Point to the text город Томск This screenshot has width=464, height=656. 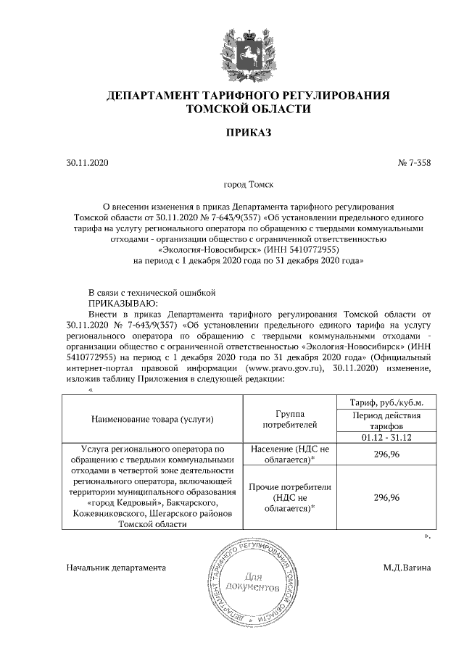(249, 186)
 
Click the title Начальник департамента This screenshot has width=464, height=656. (116, 568)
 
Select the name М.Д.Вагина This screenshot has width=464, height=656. (407, 568)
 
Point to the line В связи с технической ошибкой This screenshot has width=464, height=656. (152, 292)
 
